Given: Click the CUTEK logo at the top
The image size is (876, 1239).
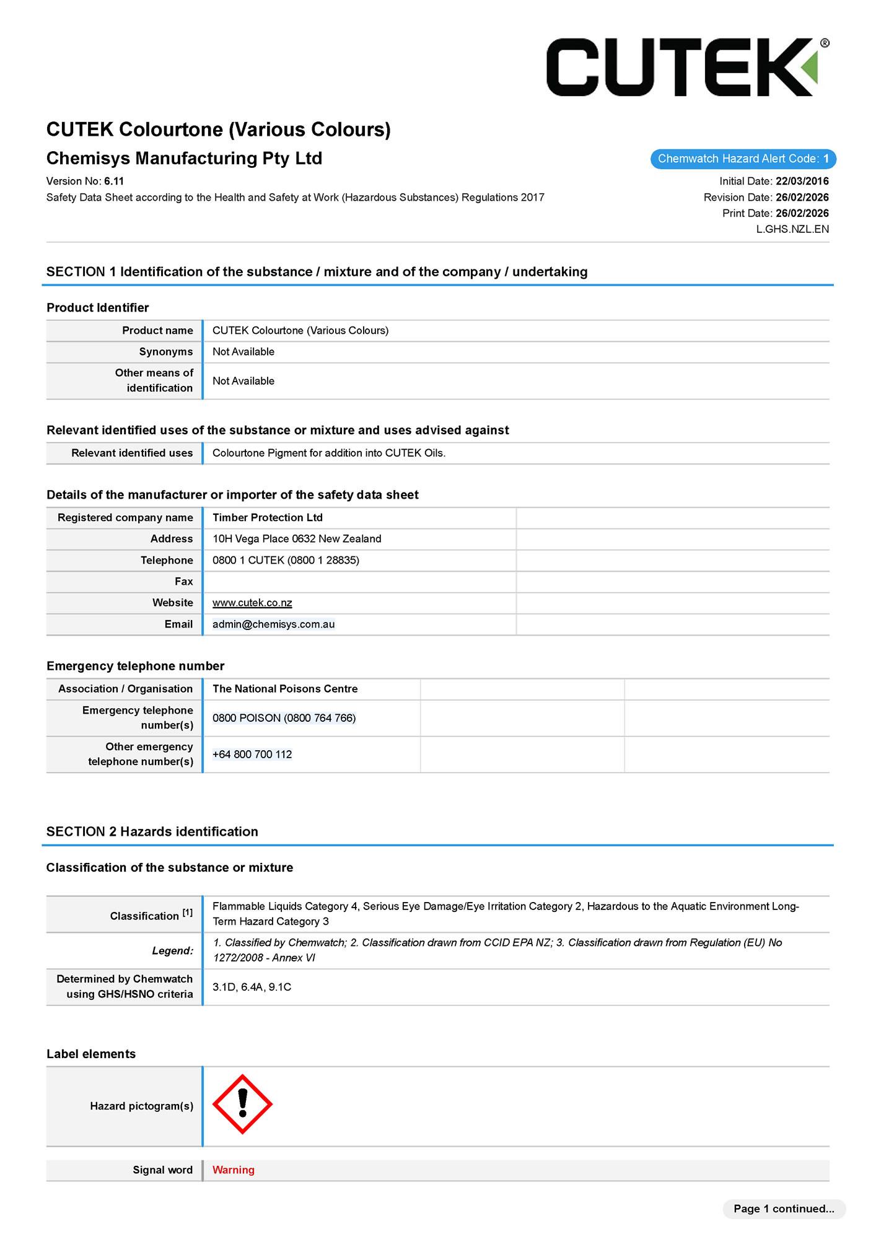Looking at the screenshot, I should tap(686, 67).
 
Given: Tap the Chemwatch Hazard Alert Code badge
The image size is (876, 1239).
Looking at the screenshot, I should tap(743, 159).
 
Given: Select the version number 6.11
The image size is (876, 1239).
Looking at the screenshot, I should tap(114, 181).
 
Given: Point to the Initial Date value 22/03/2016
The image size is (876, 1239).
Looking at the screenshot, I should tap(802, 181).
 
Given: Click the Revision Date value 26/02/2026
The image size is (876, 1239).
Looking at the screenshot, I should tap(802, 197).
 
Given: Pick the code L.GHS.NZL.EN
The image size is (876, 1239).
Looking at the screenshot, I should tap(792, 229).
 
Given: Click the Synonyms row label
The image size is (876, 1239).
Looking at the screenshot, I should tap(166, 352).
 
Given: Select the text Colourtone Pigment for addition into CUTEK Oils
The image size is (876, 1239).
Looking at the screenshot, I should tap(328, 453).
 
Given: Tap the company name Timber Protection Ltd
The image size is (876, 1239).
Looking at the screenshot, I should tap(267, 517).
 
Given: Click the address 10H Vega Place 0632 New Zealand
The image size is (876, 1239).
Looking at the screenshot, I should tap(297, 539).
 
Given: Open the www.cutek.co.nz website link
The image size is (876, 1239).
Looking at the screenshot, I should tap(252, 603).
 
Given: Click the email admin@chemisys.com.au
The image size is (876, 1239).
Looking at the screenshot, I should tap(273, 624).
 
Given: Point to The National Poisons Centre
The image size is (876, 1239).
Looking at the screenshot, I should tap(285, 689).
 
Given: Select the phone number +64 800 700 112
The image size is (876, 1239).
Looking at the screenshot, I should tap(252, 755).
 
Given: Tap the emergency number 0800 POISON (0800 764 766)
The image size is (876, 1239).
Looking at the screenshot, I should tap(284, 718).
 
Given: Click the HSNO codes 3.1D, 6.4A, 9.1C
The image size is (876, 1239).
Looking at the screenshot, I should tap(252, 987).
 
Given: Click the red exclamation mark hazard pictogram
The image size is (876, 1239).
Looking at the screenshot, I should tap(242, 1104).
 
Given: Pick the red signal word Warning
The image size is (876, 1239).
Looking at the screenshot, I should tap(233, 1170).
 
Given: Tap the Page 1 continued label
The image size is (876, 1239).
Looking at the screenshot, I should tap(783, 1209).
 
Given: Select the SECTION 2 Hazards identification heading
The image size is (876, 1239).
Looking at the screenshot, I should tap(152, 831).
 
